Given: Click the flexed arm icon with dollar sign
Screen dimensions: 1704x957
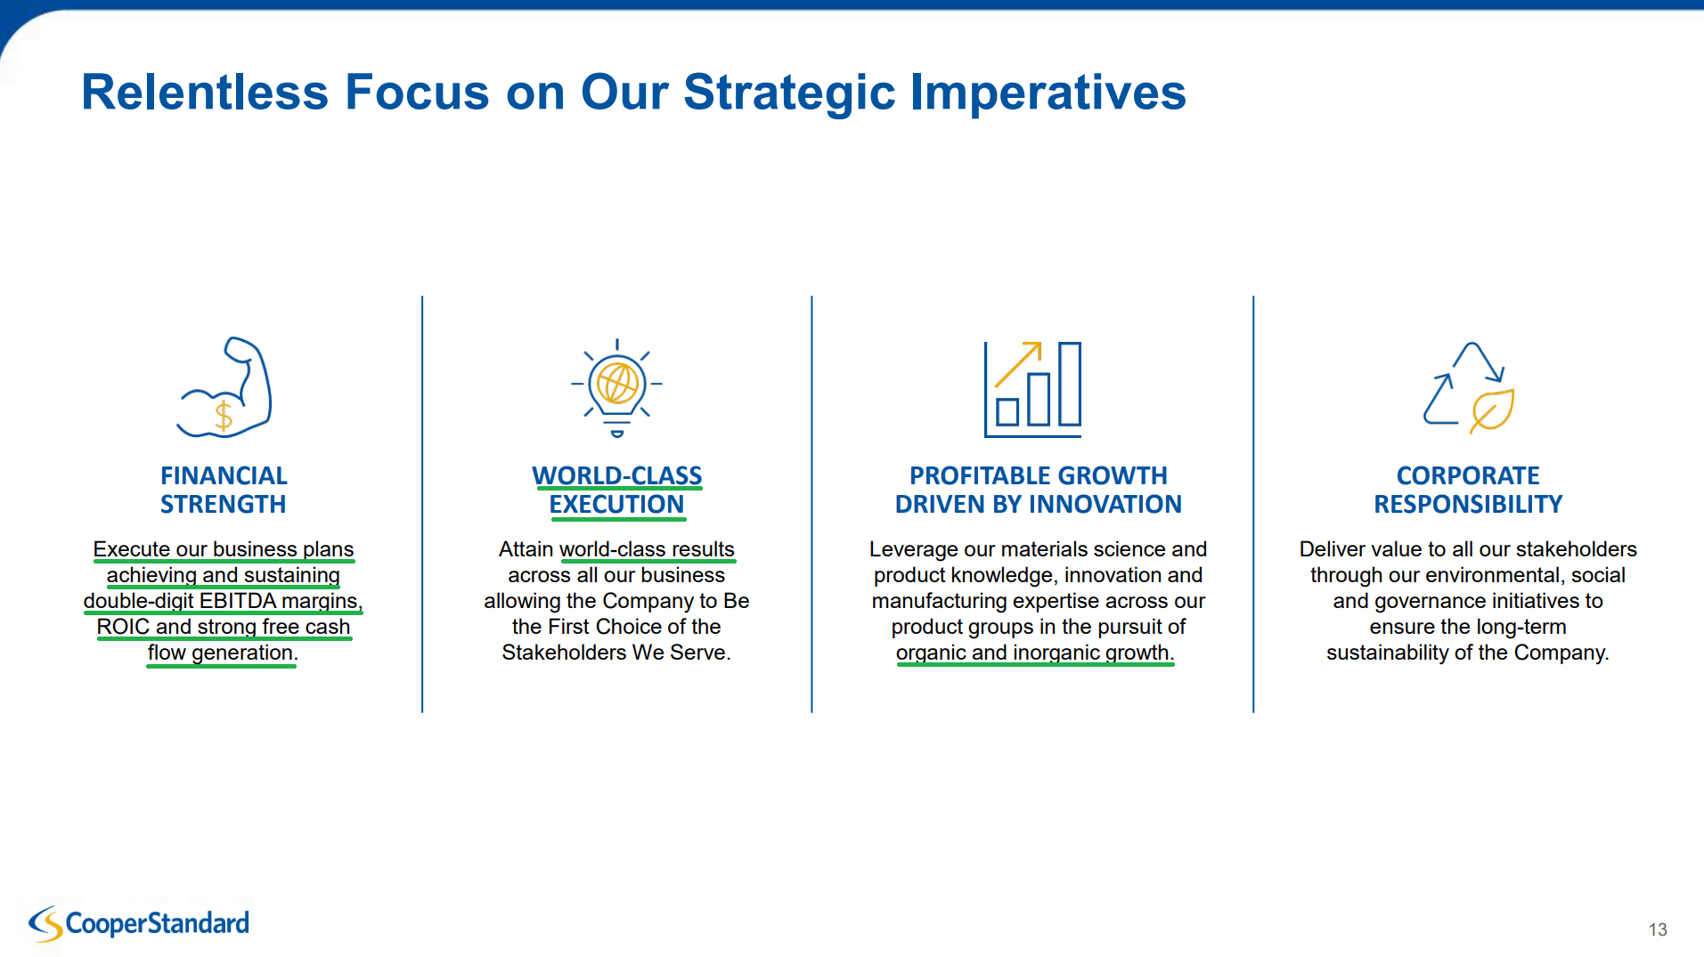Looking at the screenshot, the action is [224, 387].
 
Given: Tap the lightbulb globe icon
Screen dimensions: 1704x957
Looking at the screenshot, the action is [616, 388].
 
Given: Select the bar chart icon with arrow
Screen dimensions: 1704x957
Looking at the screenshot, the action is [1032, 389].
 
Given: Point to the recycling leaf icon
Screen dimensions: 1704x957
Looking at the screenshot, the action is [1469, 388].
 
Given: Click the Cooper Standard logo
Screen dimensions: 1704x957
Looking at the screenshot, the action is [139, 924].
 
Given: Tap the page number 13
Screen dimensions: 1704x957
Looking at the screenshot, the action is [1658, 929].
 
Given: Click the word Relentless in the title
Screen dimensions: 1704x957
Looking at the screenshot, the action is [205, 92].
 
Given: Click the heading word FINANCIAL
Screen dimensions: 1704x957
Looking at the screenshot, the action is [224, 475].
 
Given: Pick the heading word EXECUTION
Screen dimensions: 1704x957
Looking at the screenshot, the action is [616, 504].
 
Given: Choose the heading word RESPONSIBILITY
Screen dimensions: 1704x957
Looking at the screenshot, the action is [1468, 504].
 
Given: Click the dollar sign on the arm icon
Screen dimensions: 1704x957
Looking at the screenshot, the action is [224, 415].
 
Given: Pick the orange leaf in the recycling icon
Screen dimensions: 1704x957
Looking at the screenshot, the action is [1492, 410].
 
